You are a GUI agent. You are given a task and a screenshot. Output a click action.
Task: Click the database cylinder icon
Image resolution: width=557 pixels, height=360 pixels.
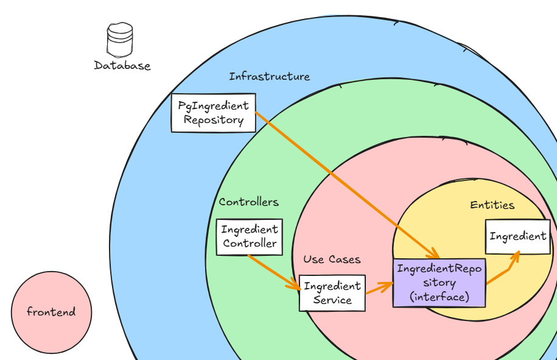coord(119,40)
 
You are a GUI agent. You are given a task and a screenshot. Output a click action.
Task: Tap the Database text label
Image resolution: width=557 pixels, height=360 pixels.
coord(122,66)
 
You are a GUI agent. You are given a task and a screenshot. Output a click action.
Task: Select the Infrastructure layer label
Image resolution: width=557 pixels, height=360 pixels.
coord(269,77)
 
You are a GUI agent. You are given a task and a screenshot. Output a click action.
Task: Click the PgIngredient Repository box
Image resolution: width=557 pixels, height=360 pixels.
coord(213,113)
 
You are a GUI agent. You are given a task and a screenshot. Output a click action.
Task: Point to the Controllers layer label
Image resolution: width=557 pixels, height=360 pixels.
coord(248,202)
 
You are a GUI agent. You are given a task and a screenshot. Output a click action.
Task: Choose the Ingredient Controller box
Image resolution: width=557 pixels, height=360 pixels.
coord(250,237)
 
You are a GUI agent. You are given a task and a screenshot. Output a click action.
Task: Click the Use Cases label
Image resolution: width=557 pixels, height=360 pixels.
coord(332,259)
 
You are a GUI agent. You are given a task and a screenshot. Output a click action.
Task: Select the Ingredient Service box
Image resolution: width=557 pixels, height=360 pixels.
coord(332,293)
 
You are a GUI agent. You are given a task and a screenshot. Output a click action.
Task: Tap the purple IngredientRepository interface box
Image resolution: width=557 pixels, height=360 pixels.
coord(439,283)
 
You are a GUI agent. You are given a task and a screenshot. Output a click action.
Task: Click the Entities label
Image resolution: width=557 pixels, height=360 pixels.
coord(492,205)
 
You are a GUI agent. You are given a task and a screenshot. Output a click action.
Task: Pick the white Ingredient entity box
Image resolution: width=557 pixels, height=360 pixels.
coord(517,236)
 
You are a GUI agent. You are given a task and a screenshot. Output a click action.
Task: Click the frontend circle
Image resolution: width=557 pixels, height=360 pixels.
coord(51,312)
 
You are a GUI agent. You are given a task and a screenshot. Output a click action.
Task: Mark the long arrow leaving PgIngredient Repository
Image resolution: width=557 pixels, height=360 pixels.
coord(341,180)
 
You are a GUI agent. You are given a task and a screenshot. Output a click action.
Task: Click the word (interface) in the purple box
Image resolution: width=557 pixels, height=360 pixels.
coord(439,297)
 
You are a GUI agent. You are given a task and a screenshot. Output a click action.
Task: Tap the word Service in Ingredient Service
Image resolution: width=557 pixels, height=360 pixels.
coord(332,300)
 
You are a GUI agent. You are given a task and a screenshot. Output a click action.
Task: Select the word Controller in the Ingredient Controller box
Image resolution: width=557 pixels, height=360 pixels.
coord(250,244)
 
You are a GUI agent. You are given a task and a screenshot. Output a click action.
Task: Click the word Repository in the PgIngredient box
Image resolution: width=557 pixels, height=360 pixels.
coord(213,120)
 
